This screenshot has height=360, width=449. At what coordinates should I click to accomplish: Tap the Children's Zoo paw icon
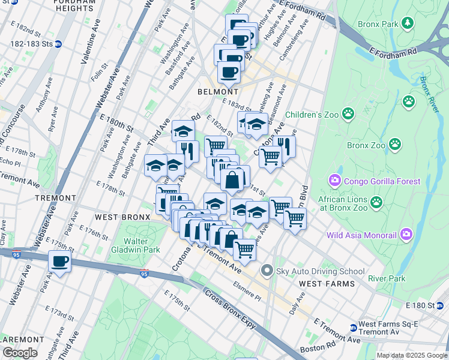pos(348,113)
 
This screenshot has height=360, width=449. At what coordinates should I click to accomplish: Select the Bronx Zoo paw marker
pos(394,144)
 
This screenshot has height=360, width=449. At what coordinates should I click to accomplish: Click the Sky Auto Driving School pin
pos(267,271)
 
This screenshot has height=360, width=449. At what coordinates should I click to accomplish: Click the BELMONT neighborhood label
pos(217,92)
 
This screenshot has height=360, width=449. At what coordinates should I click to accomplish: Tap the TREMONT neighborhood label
pos(55,197)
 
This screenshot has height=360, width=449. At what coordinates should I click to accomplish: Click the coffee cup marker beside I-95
pos(59,262)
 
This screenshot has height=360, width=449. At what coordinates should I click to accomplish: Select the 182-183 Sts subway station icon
pos(58,44)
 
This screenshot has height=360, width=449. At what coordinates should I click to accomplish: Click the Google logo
pos(19,353)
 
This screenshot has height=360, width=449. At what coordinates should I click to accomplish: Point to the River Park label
pos(387,278)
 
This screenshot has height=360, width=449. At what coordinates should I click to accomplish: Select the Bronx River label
pos(429,95)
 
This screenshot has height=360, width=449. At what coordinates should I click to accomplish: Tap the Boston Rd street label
pos(318,348)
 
